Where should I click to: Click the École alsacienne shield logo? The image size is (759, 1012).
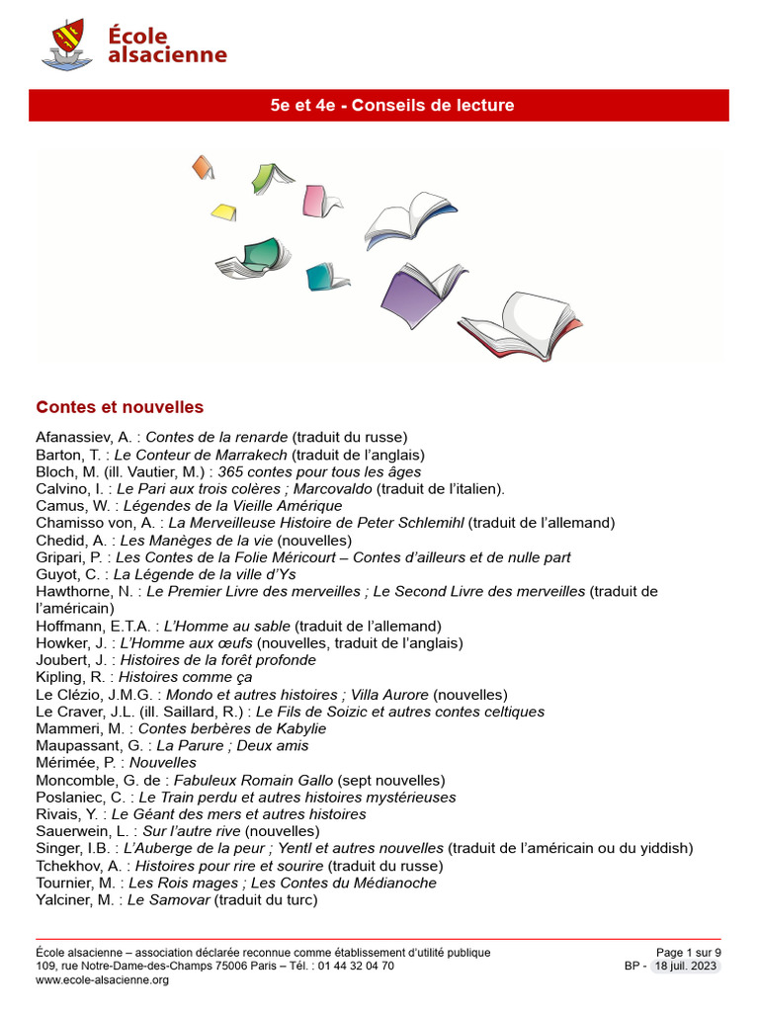(x=67, y=44)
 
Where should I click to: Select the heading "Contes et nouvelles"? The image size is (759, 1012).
(x=120, y=407)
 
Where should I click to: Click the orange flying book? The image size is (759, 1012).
(x=203, y=166)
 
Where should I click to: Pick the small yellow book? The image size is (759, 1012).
(x=224, y=211)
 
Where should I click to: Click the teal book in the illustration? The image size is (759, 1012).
(x=323, y=277)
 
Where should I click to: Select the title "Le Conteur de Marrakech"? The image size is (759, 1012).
(x=201, y=455)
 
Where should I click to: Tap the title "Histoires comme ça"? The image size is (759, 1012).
(x=185, y=677)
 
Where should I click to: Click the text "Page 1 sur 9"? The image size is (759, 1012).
(x=689, y=953)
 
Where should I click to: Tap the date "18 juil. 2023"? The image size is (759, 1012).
(x=686, y=967)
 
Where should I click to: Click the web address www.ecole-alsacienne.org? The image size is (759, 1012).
(x=102, y=980)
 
